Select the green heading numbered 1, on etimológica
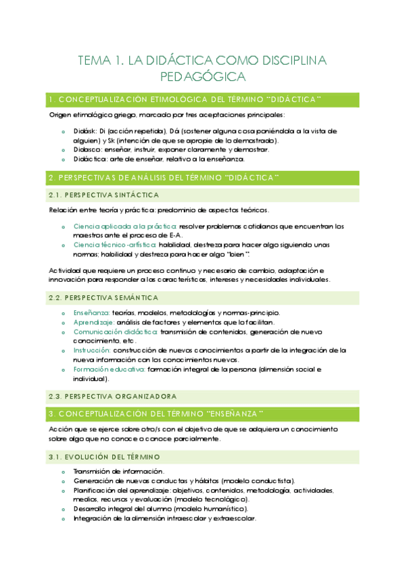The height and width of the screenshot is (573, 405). click(x=185, y=100)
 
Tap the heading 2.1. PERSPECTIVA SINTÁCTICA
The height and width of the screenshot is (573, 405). click(x=103, y=195)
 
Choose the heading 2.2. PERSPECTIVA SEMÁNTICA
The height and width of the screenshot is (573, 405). click(x=103, y=297)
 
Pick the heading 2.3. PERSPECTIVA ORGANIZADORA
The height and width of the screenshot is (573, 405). click(x=112, y=396)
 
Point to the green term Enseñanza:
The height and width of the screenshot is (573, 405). click(x=91, y=313)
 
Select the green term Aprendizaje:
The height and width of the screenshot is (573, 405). click(x=93, y=322)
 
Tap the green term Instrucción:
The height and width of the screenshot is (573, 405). click(x=92, y=351)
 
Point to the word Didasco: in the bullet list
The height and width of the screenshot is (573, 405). click(x=87, y=149)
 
